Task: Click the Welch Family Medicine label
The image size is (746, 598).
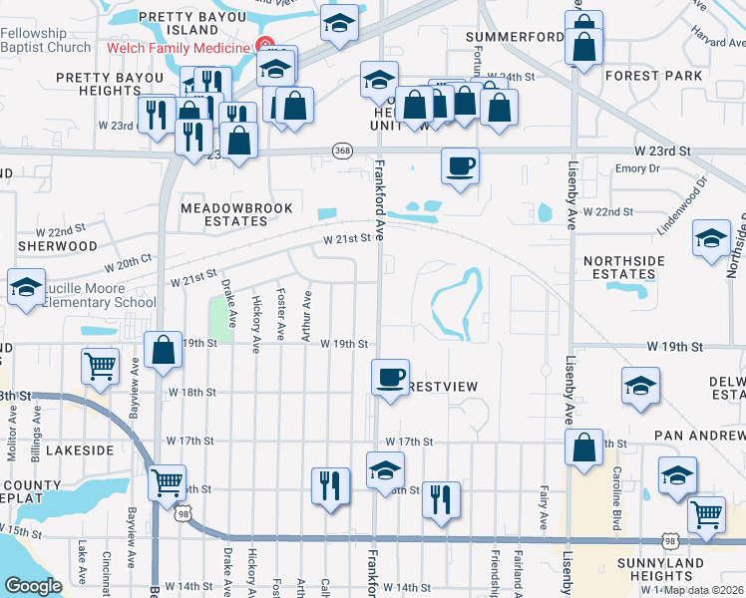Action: tap(179, 48)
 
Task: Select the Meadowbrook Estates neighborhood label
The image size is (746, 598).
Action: tap(236, 214)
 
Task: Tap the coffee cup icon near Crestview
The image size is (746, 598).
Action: tap(390, 377)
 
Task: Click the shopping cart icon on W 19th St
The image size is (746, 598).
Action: tap(101, 367)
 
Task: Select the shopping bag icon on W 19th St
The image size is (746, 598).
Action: tap(163, 351)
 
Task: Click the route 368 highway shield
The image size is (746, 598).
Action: tap(343, 150)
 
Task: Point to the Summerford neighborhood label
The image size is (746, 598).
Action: tap(515, 37)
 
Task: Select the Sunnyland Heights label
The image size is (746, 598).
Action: tap(655, 570)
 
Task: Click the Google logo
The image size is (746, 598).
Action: tap(33, 585)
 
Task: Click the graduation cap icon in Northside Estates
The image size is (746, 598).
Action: tap(711, 239)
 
